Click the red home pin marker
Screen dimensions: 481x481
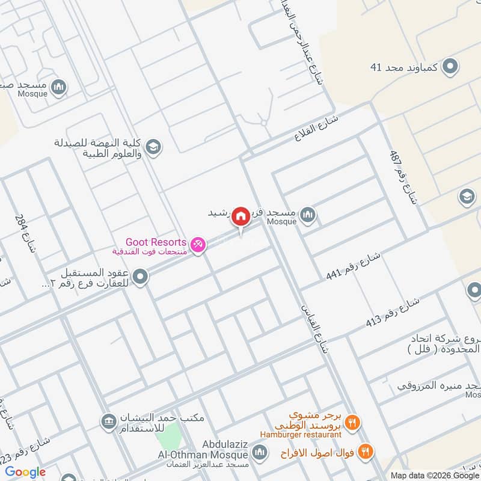click(241, 216)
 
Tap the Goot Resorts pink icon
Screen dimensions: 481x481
click(197, 245)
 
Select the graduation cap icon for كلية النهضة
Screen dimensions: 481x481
click(154, 147)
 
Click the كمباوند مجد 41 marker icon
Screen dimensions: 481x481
click(450, 68)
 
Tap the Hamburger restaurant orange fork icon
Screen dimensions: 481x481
click(353, 422)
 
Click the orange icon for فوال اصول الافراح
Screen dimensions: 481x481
click(364, 451)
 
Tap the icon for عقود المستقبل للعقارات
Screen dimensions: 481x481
click(141, 277)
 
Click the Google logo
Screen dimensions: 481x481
click(25, 472)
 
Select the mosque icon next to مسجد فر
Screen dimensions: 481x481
click(307, 214)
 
